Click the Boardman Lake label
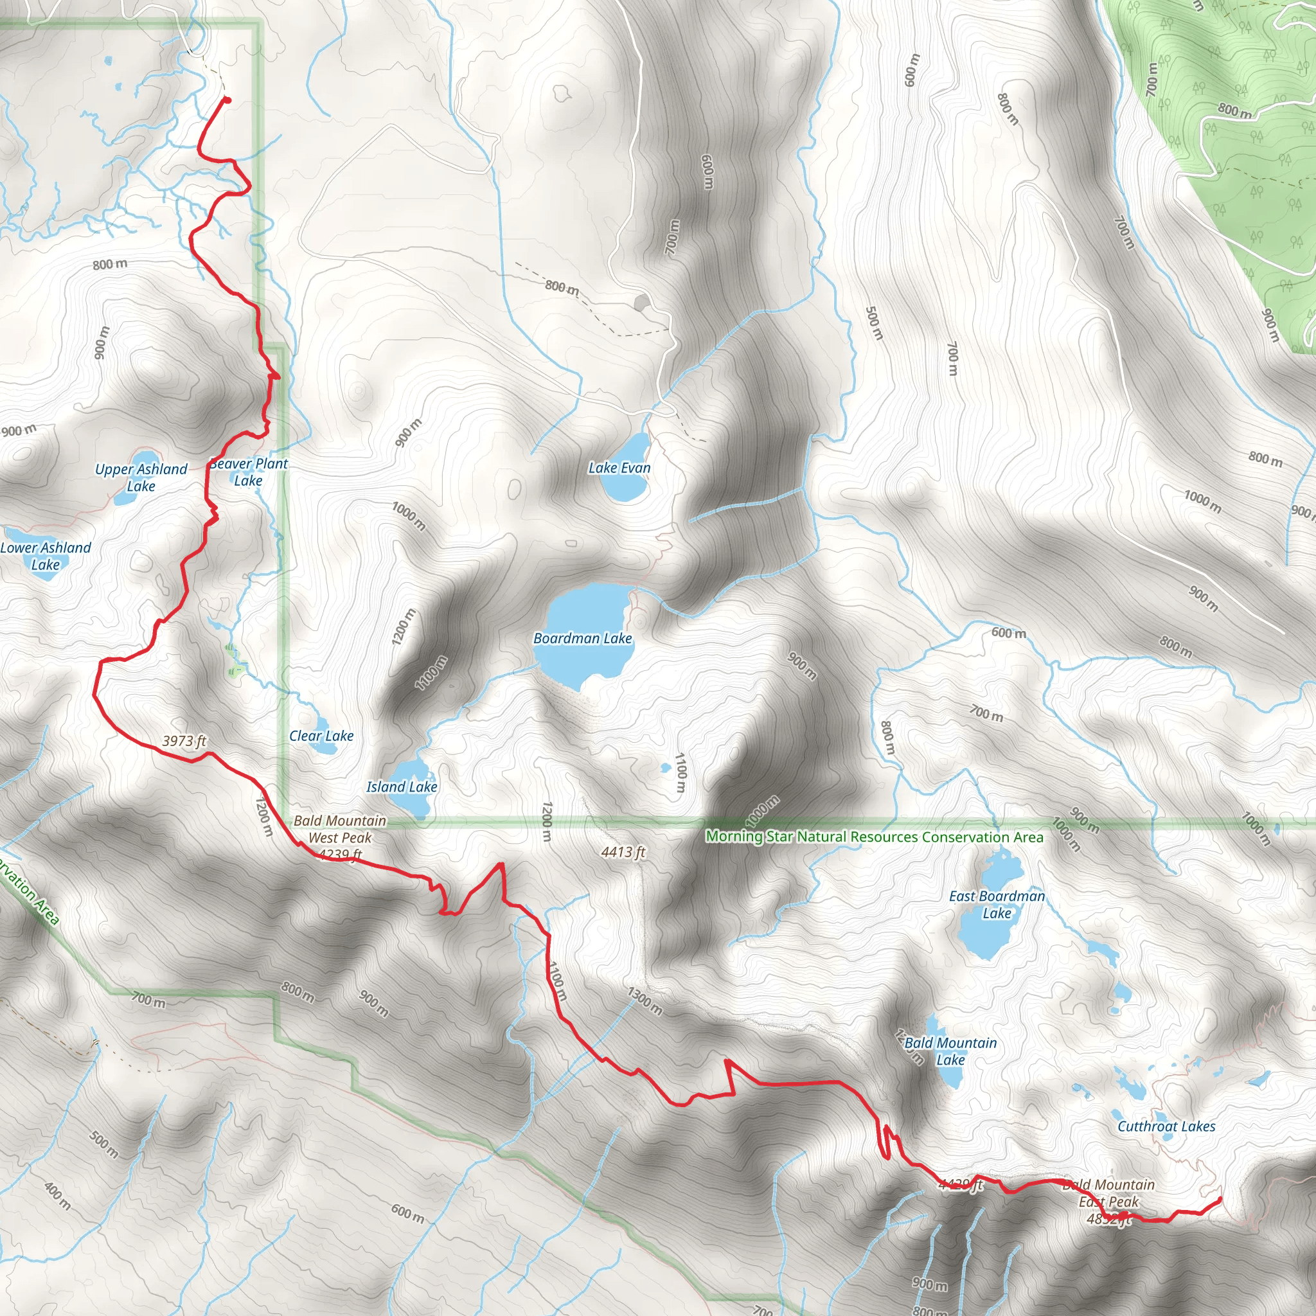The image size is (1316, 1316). coord(582,638)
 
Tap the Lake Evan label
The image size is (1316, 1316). coord(619,468)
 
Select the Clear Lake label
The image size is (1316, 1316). coord(321,736)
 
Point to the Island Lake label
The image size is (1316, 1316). coord(401,787)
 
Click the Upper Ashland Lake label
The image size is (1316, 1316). coord(141,477)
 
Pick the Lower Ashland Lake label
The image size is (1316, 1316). coord(45,556)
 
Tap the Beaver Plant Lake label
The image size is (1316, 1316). coord(249,472)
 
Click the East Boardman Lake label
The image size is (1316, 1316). coord(997,905)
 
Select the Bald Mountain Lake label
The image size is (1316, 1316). coord(950,1051)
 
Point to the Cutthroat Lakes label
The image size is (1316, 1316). coord(1166,1126)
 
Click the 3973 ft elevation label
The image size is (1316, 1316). coord(184,741)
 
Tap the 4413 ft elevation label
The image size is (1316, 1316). coord(623,852)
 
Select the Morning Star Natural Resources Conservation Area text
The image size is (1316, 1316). coord(874,837)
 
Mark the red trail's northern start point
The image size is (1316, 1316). coord(227,101)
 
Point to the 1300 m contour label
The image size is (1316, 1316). coord(644,1000)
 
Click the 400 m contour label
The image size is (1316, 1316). coord(57,1195)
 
